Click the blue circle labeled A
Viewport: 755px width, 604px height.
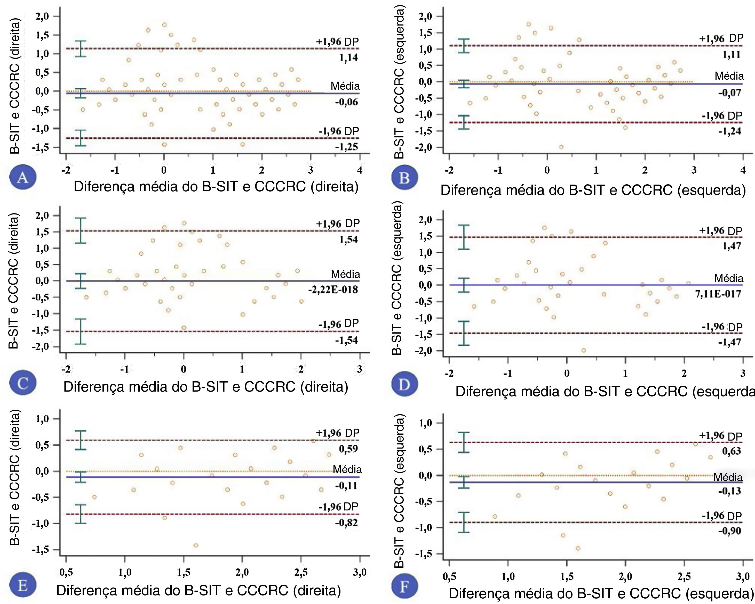pyautogui.click(x=23, y=178)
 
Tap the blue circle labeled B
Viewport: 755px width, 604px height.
pyautogui.click(x=404, y=178)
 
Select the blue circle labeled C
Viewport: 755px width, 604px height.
pyautogui.click(x=23, y=384)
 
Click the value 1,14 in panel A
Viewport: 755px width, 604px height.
pyautogui.click(x=349, y=57)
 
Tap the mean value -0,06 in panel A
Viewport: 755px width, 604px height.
pyautogui.click(x=346, y=102)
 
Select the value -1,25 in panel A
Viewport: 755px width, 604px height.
pyautogui.click(x=346, y=147)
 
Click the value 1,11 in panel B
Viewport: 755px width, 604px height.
pyautogui.click(x=732, y=55)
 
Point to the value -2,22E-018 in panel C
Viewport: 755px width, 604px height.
pyautogui.click(x=333, y=289)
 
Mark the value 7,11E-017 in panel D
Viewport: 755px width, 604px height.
pyautogui.click(x=718, y=294)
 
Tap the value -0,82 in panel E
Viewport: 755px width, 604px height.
pyautogui.click(x=346, y=523)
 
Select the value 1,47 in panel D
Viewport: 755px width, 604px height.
pyautogui.click(x=732, y=246)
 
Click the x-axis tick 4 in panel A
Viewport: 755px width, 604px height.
pyautogui.click(x=360, y=170)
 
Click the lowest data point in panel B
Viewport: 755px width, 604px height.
pyautogui.click(x=561, y=147)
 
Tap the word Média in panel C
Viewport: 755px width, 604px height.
pyautogui.click(x=345, y=274)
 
